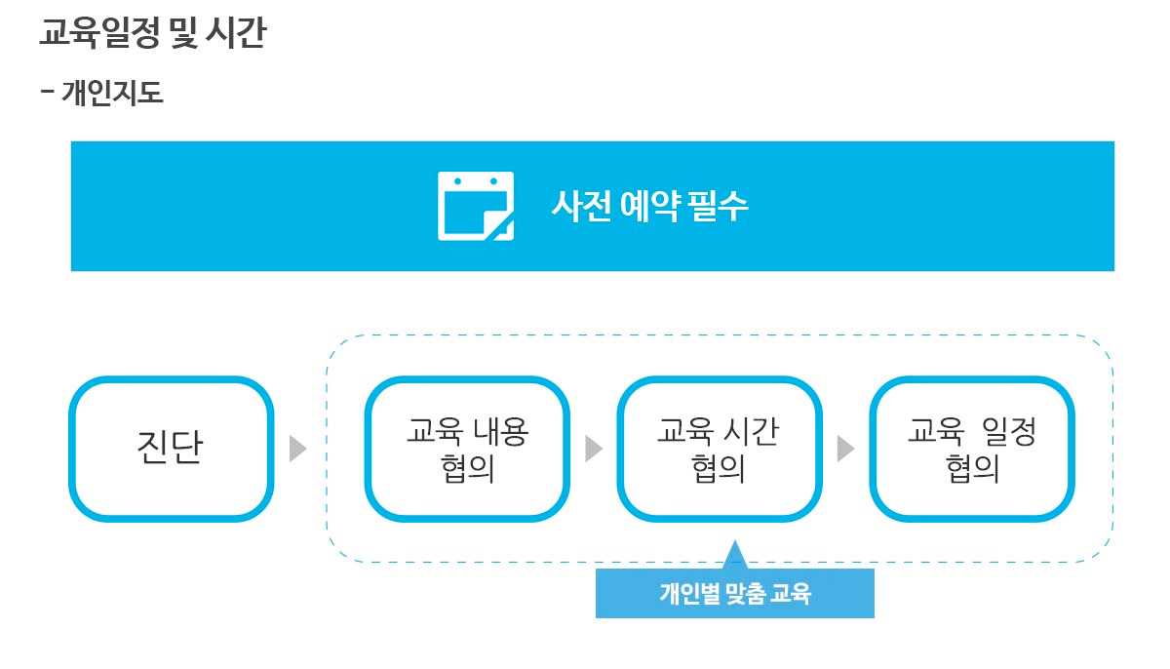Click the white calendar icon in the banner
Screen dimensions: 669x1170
[x=475, y=206]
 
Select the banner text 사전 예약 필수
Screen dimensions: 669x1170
[x=649, y=206]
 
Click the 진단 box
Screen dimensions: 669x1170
[x=171, y=449]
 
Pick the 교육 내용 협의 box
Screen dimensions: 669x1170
[x=467, y=449]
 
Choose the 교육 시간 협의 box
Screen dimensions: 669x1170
[x=719, y=449]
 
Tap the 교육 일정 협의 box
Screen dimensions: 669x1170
[x=972, y=449]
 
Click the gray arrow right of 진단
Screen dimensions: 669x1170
[x=298, y=449]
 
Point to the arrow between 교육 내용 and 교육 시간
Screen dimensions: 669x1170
[x=594, y=449]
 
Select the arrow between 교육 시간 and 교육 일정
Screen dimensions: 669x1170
[x=845, y=449]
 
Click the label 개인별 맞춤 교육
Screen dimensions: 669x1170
[x=734, y=593]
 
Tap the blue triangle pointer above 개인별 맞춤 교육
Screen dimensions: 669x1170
[x=735, y=556]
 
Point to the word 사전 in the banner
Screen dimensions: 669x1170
[x=580, y=206]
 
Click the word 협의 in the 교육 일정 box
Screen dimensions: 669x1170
[x=972, y=469]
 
